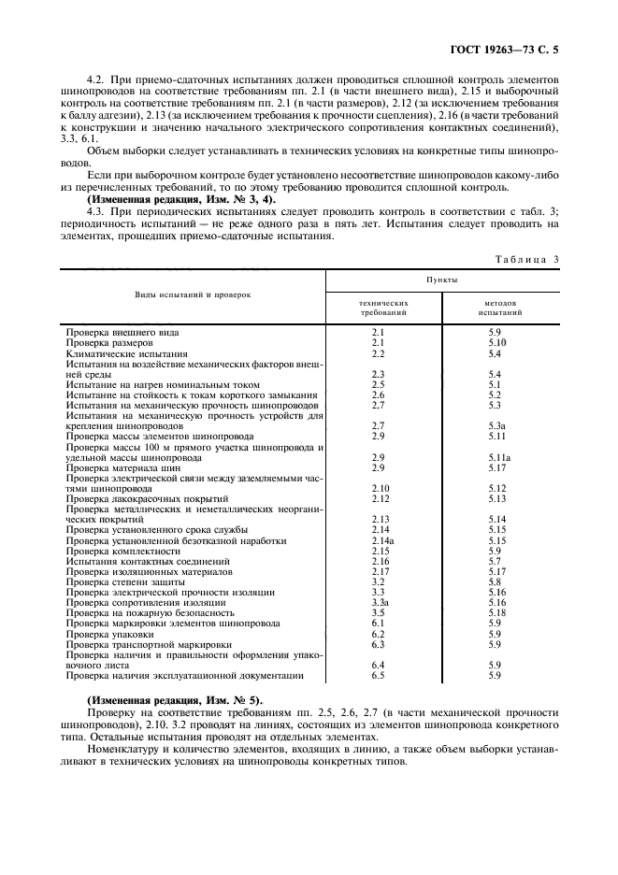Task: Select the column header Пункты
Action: tap(442, 279)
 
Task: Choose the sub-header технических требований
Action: tap(383, 308)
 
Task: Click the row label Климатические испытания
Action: tap(126, 354)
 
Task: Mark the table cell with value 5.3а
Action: tap(496, 425)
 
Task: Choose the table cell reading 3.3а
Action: tap(380, 602)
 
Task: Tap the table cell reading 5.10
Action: tap(496, 343)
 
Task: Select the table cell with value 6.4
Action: tap(379, 665)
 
